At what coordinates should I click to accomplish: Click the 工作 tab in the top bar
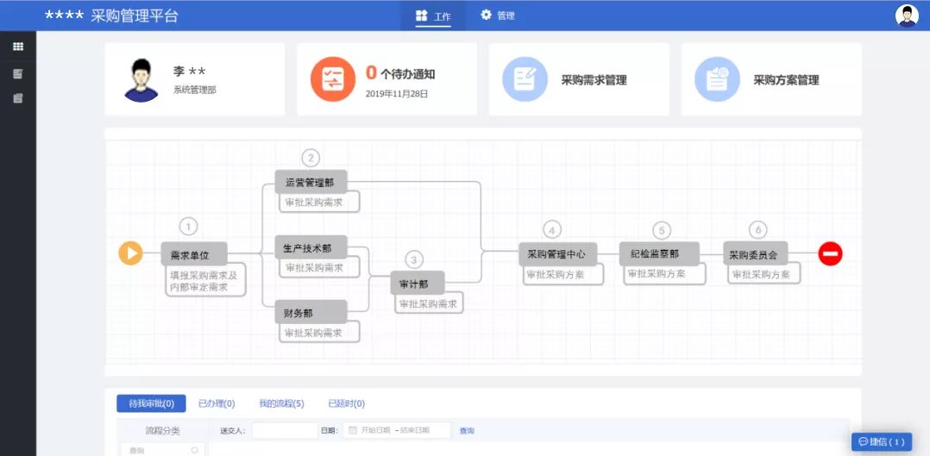coord(433,16)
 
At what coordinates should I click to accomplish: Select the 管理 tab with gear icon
coord(498,16)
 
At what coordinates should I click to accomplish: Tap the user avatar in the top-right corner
coord(907,16)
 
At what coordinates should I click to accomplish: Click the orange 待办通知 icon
coord(332,79)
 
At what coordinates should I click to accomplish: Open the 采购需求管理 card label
coord(594,80)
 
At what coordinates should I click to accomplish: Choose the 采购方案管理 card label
coord(786,80)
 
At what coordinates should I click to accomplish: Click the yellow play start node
coord(130,253)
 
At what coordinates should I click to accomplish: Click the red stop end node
coord(830,253)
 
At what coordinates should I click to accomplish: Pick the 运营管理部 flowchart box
coord(310,181)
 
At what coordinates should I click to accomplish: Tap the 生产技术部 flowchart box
coord(309,247)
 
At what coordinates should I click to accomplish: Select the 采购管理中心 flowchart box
coord(556,254)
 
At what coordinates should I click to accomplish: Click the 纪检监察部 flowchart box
coord(659,253)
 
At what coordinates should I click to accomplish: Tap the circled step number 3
coord(415,259)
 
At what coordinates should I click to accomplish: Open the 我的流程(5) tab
coord(281,403)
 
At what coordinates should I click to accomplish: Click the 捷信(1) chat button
coord(882,441)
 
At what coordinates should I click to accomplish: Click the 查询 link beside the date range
coord(467,430)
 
